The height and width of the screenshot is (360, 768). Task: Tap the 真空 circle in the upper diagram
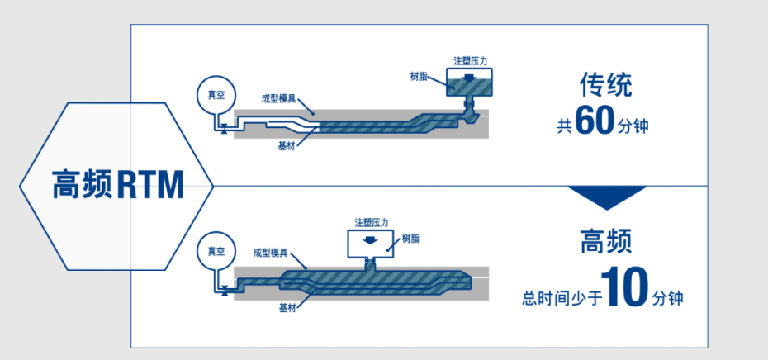click(x=216, y=96)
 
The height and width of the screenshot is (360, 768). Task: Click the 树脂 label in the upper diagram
click(x=420, y=76)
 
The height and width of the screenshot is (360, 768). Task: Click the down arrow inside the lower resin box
click(x=371, y=242)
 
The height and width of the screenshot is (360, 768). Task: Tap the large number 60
click(x=595, y=121)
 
